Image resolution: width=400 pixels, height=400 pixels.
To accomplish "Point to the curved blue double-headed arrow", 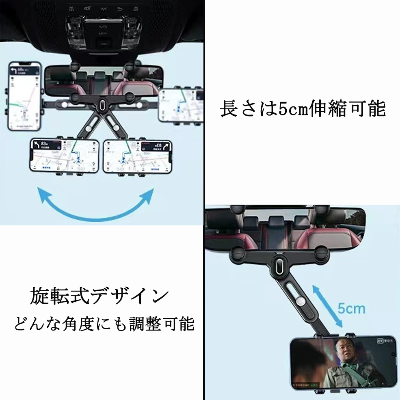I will click(96, 206).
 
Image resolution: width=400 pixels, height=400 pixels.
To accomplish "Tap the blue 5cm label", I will click(352, 309).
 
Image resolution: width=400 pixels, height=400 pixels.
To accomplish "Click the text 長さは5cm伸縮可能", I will click(303, 109).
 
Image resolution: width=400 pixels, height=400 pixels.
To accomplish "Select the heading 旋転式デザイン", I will click(99, 297).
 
